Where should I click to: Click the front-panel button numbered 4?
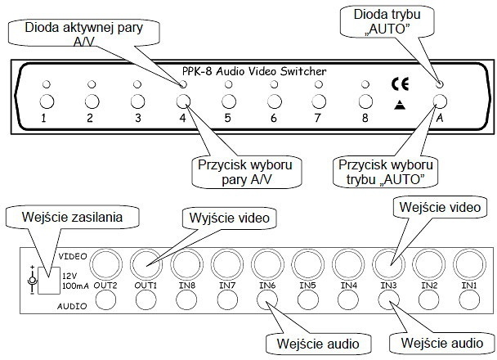click(x=183, y=101)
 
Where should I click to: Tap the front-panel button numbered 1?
click(x=47, y=102)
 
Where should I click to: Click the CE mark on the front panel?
click(x=400, y=83)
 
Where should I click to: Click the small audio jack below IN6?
click(x=267, y=299)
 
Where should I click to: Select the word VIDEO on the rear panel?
click(x=73, y=256)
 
